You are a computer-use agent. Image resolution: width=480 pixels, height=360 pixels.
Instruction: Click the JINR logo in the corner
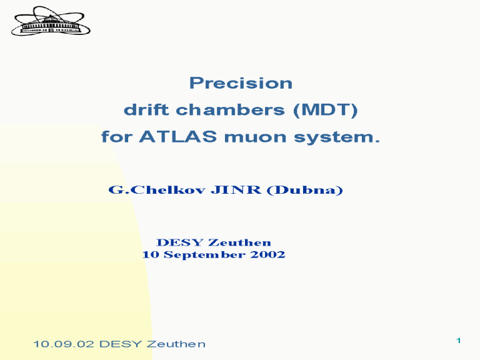coord(51,21)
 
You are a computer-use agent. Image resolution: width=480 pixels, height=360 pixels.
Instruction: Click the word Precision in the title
coord(241,83)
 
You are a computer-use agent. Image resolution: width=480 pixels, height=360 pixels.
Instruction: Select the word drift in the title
coord(146,109)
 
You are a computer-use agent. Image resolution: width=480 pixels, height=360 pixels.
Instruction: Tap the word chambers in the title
coord(230,109)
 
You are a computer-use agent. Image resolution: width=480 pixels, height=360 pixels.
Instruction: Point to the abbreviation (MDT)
coord(326,110)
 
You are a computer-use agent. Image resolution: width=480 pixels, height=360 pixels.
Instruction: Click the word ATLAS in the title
coord(178,136)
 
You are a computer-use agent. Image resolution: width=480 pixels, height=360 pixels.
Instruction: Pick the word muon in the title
coord(255,137)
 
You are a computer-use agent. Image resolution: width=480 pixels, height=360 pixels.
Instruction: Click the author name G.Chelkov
coord(157,190)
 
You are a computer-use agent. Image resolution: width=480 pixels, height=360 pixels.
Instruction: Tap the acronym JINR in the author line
coord(236,190)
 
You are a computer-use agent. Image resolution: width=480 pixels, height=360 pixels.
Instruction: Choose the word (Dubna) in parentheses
coord(304,190)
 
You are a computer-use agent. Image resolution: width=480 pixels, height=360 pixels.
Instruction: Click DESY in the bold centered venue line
coord(180,242)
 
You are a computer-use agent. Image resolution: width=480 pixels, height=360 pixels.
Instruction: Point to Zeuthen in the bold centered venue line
coord(240,242)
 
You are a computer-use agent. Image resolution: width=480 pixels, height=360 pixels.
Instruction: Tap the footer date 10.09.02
coord(63,344)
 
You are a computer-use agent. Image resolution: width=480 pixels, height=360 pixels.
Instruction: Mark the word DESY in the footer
coord(120,344)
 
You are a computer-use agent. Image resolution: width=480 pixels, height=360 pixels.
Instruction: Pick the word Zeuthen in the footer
coord(176,344)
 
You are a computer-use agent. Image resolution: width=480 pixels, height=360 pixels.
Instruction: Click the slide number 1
coord(459,341)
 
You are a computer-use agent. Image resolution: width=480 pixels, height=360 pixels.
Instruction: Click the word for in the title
coord(117,136)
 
